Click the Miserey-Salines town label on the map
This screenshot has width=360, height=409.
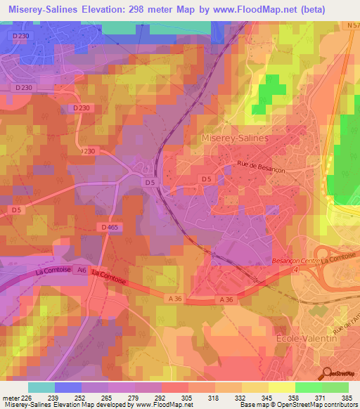[235, 138]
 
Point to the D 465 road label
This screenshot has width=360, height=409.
[109, 227]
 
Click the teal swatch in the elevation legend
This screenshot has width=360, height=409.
[41, 387]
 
